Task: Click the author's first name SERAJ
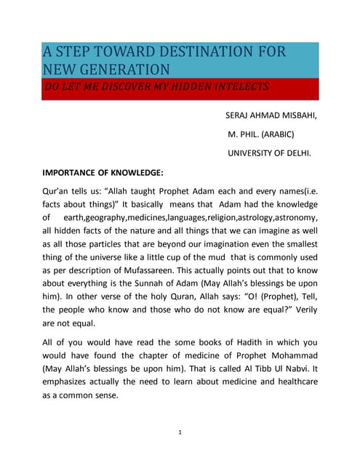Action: [241, 116]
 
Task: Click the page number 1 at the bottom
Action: [180, 434]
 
